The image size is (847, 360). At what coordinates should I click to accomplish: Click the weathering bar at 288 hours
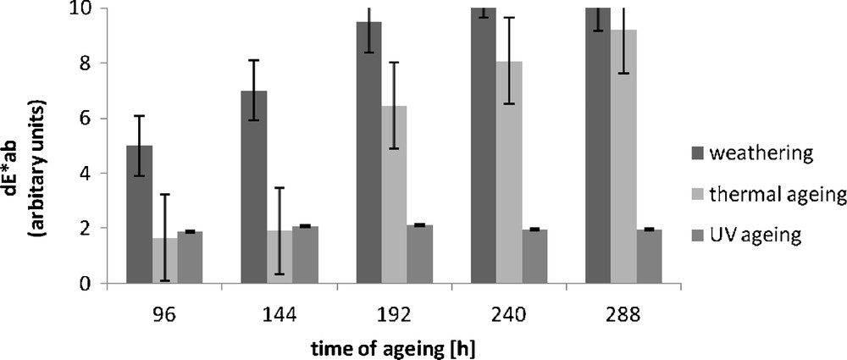[598, 145]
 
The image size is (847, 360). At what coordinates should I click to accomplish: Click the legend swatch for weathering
[692, 154]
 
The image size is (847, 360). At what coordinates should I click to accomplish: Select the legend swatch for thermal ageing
[692, 195]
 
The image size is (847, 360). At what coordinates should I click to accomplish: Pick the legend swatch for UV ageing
[692, 235]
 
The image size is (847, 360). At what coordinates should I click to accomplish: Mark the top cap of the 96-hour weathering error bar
[140, 115]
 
